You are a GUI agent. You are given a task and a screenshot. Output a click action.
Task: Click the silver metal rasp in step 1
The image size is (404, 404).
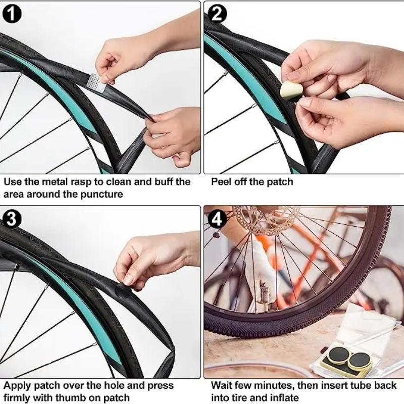(96, 82)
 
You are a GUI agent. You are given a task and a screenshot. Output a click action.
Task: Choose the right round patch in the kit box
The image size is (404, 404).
(360, 360)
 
